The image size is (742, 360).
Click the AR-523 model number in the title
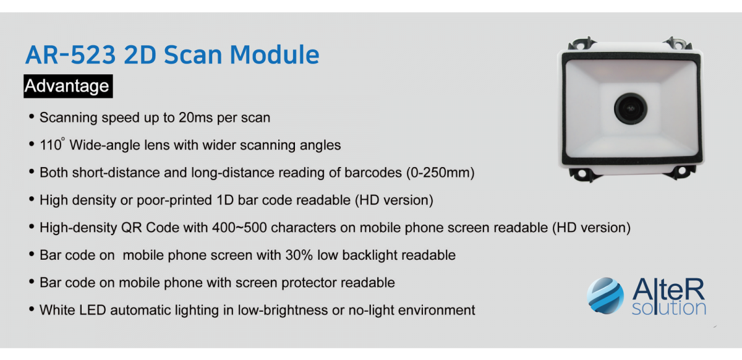70,54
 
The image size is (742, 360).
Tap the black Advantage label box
68,86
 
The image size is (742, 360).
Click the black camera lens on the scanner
630,108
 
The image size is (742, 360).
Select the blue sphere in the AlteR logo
605,296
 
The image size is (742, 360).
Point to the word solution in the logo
669,308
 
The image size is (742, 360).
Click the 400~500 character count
239,228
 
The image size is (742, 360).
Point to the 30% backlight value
299,255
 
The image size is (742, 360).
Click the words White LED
72,311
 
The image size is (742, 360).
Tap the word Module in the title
275,54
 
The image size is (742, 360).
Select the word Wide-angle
119,145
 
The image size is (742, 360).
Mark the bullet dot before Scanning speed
32,116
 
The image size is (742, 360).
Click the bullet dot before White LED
32,309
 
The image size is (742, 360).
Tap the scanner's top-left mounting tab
581,43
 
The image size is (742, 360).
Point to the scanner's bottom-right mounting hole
681,171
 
